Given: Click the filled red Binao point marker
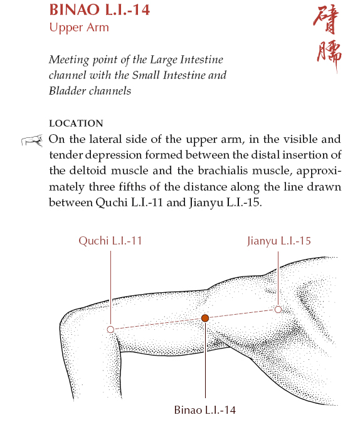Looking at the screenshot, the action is (204, 318).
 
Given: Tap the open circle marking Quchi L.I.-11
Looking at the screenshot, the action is (110, 329).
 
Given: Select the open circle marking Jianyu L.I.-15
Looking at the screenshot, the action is (278, 309).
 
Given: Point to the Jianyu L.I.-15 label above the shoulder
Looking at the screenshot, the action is (279, 240).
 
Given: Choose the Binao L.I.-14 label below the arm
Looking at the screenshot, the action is (205, 410).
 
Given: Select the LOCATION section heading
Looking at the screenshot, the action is (76, 124).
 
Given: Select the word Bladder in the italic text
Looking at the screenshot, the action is (67, 91).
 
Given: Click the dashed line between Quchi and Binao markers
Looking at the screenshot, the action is (157, 324).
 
